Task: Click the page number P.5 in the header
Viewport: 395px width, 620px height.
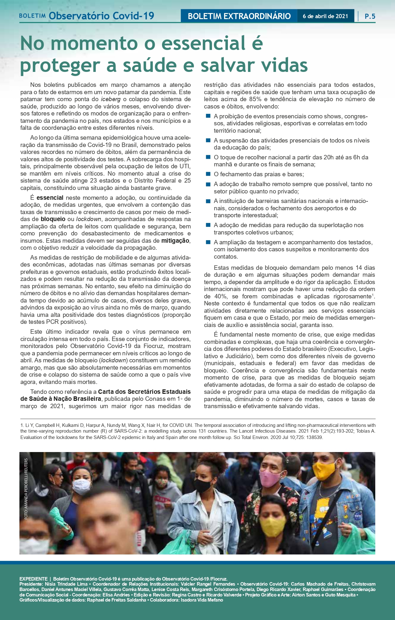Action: (370, 16)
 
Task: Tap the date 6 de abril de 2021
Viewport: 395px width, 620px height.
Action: (325, 16)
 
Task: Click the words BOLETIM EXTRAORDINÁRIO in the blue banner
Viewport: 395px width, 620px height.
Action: (239, 16)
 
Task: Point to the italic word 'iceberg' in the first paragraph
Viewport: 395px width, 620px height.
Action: (110, 99)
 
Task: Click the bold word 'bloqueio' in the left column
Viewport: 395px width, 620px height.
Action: (53, 219)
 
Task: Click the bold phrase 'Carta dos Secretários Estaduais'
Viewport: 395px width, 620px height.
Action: (144, 392)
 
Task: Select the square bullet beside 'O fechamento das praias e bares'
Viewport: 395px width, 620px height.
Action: (208, 174)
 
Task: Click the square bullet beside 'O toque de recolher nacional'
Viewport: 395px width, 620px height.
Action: (208, 157)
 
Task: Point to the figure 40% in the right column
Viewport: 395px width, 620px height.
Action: (221, 296)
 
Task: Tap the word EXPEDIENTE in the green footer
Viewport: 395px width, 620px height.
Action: (33, 579)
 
